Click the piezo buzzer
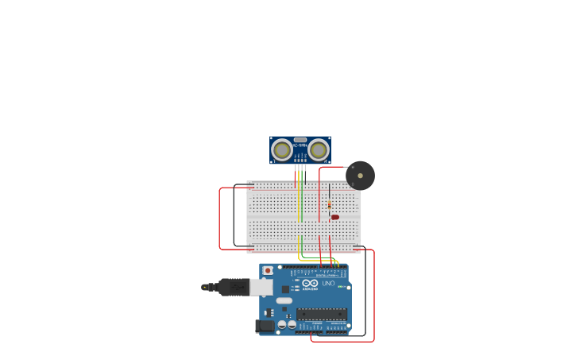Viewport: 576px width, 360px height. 360,175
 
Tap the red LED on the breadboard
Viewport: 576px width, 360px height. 334,217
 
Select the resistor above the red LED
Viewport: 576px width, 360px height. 329,204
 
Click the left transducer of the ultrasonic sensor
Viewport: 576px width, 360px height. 282,149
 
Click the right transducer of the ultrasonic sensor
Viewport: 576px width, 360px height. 319,149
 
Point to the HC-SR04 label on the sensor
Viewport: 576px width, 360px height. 300,145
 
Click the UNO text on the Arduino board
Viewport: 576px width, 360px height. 328,283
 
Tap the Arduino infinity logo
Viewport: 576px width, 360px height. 310,283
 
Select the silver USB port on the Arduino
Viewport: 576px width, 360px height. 261,287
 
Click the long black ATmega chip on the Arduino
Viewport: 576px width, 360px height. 322,314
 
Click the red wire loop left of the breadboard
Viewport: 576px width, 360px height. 220,219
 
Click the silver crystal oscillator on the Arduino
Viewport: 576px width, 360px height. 284,300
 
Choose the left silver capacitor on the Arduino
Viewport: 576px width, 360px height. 282,324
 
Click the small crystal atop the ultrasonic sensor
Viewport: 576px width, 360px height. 300,140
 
